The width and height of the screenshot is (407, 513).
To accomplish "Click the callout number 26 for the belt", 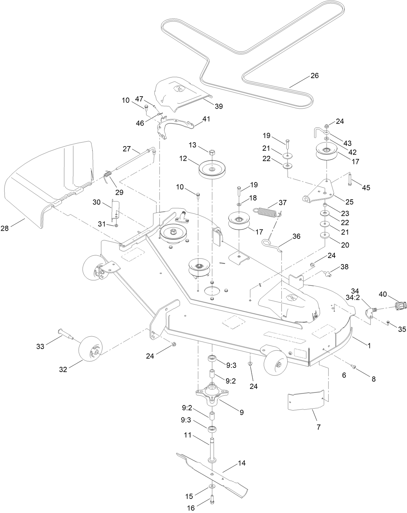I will (314, 76).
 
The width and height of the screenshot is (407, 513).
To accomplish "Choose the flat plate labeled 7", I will (305, 401).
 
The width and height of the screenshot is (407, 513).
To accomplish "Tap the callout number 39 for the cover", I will (219, 106).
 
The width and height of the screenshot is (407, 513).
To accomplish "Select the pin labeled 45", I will (350, 179).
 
